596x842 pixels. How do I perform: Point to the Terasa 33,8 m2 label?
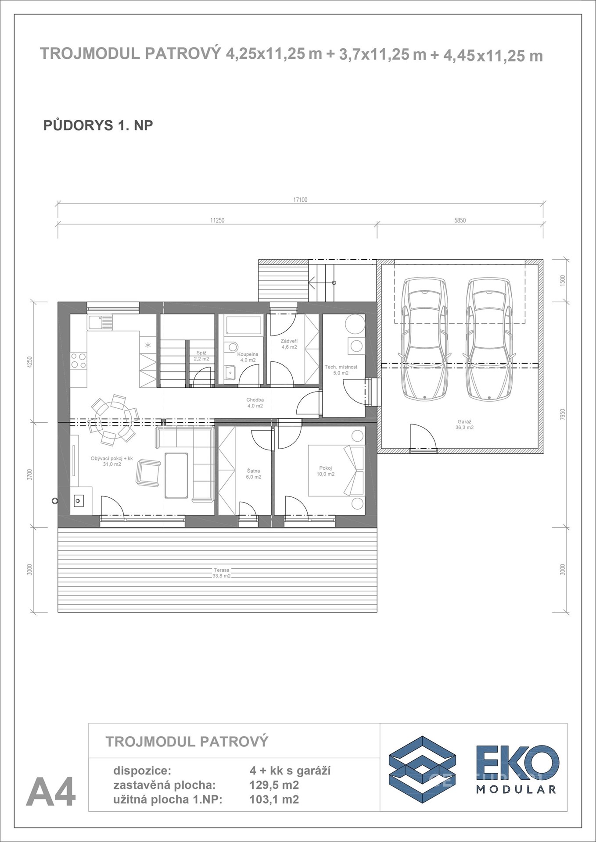[x=222, y=573]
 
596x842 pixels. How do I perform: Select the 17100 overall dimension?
[x=300, y=200]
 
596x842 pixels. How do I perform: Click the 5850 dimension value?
[x=460, y=220]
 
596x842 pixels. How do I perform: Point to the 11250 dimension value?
[x=217, y=220]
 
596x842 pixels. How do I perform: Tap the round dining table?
[x=113, y=418]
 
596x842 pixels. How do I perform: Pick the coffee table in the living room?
[x=176, y=475]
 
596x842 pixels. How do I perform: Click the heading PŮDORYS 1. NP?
[x=98, y=125]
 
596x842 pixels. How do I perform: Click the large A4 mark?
[x=51, y=792]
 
